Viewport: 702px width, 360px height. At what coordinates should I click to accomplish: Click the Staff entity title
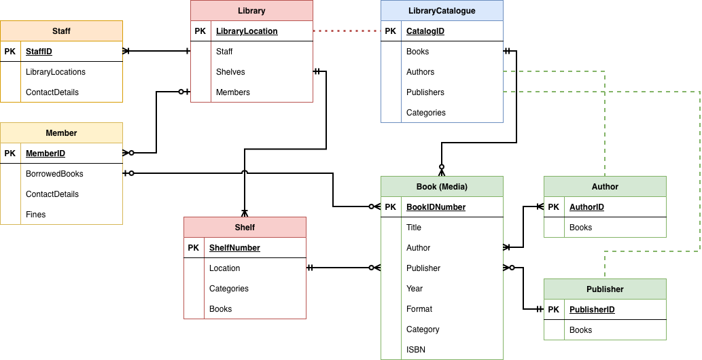pyautogui.click(x=61, y=31)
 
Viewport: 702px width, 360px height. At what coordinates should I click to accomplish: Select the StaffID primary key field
pyautogui.click(x=39, y=52)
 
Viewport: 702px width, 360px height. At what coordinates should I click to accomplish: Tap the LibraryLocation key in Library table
pyautogui.click(x=247, y=31)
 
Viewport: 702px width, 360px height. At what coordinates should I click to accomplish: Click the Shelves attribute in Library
pyautogui.click(x=230, y=72)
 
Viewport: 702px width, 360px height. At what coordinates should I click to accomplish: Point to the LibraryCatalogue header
pyautogui.click(x=442, y=11)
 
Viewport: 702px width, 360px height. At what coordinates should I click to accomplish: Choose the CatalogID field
pyautogui.click(x=425, y=31)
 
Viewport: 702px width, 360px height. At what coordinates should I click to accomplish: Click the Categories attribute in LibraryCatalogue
pyautogui.click(x=426, y=113)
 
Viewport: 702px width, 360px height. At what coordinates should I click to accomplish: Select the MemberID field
pyautogui.click(x=46, y=154)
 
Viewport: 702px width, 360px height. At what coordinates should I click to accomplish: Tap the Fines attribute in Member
pyautogui.click(x=36, y=215)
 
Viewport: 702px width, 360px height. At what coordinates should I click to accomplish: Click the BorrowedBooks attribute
pyautogui.click(x=54, y=174)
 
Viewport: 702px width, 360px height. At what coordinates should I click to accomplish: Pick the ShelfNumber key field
pyautogui.click(x=234, y=248)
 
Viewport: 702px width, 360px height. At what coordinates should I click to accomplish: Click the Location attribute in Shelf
pyautogui.click(x=224, y=268)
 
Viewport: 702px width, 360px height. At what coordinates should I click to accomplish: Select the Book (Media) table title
pyautogui.click(x=442, y=187)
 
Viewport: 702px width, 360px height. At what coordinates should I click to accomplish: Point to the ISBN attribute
pyautogui.click(x=416, y=350)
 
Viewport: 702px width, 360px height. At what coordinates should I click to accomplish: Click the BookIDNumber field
pyautogui.click(x=436, y=207)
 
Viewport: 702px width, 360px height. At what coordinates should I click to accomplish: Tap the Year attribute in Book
pyautogui.click(x=415, y=289)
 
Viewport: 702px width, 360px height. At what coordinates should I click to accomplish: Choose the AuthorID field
pyautogui.click(x=586, y=207)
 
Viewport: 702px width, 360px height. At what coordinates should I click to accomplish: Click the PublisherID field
pyautogui.click(x=592, y=310)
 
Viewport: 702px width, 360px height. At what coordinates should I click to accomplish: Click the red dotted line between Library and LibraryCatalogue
pyautogui.click(x=347, y=31)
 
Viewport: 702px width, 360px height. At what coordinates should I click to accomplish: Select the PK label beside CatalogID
pyautogui.click(x=390, y=31)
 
